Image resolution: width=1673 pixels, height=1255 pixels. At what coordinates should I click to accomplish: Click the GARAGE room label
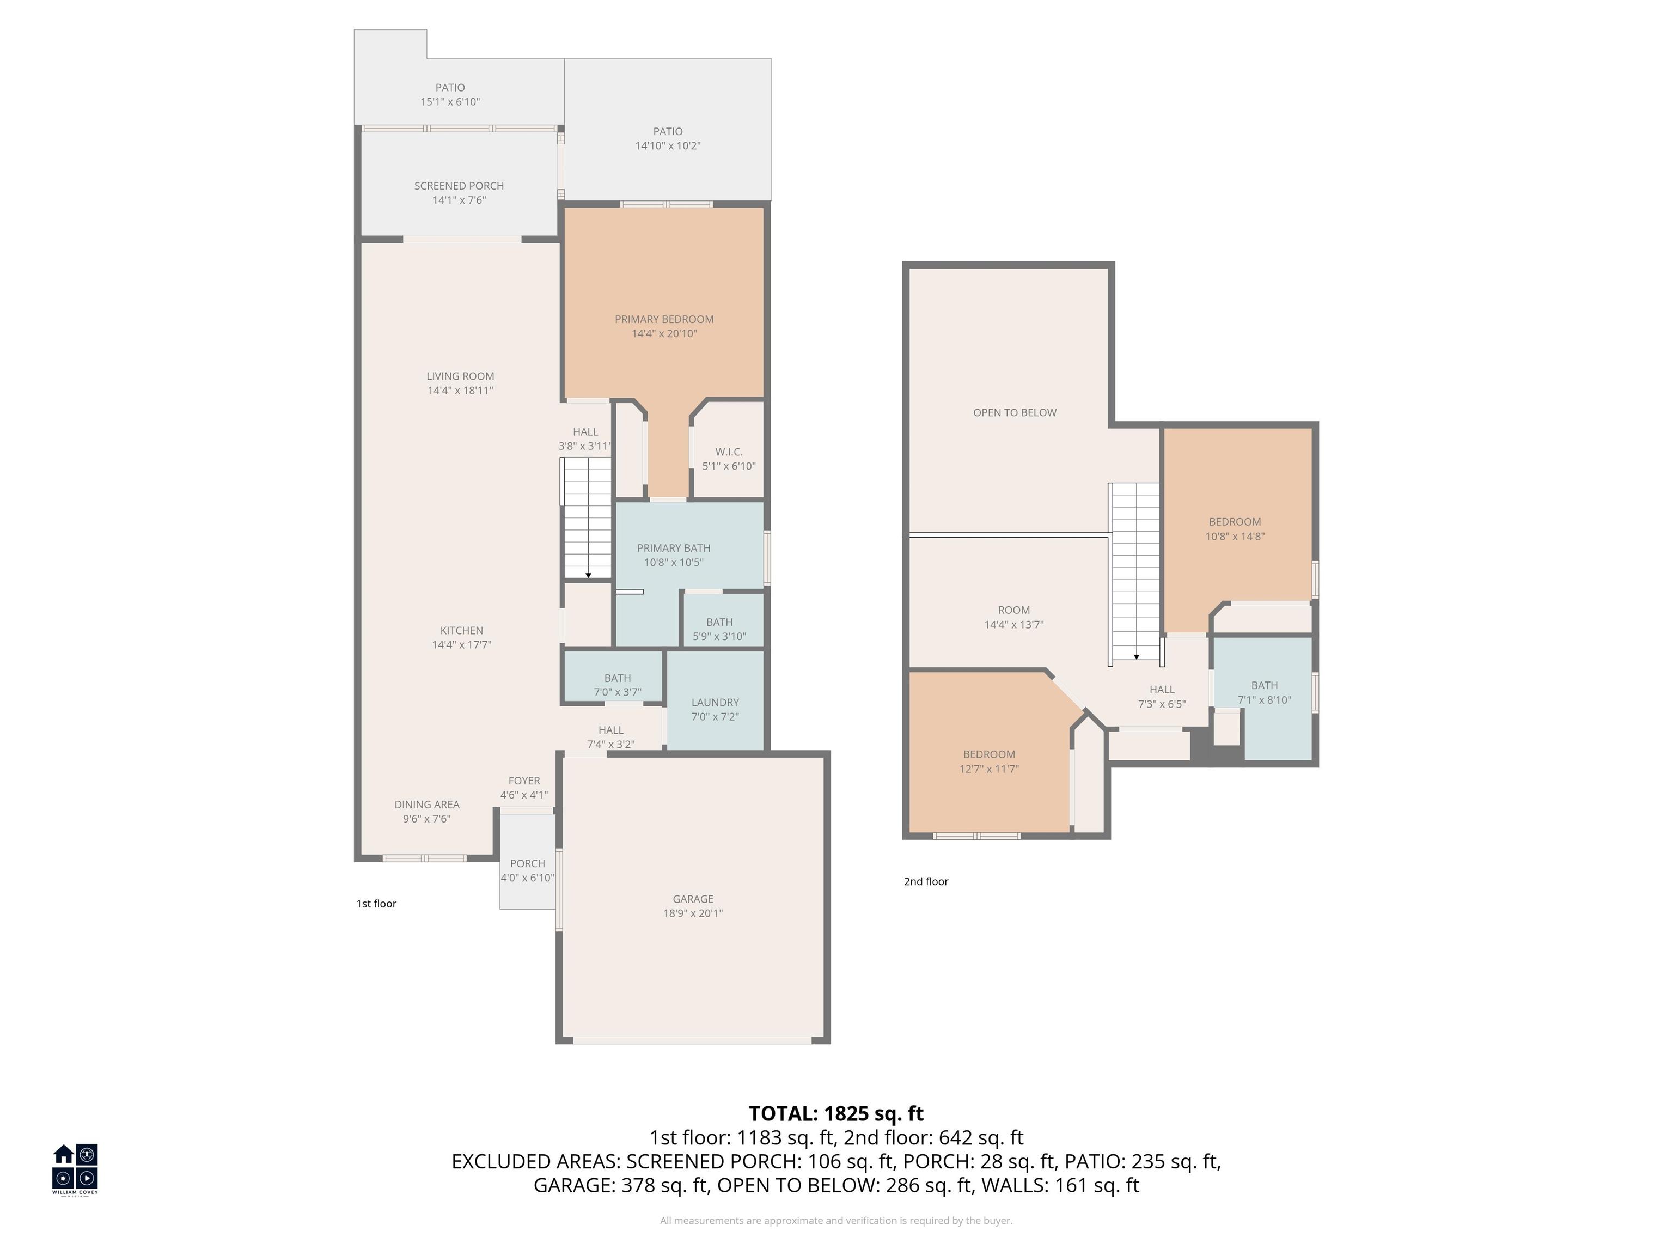click(x=692, y=899)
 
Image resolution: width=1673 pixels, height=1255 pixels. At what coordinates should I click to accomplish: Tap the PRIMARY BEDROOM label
click(x=663, y=319)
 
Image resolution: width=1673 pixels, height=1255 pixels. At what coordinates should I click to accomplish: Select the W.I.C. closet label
click(x=728, y=452)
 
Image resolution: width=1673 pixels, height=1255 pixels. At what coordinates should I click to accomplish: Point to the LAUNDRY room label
click(x=715, y=702)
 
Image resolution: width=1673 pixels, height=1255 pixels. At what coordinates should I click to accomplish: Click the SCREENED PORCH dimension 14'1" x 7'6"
click(x=459, y=200)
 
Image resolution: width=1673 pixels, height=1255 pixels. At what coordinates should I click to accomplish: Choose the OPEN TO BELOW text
click(x=1014, y=412)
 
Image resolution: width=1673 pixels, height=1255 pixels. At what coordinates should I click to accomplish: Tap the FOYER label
click(x=523, y=781)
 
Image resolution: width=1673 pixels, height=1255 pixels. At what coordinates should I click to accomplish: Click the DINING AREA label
click(x=426, y=804)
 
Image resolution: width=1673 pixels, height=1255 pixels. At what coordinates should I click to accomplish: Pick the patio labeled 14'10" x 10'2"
click(x=667, y=138)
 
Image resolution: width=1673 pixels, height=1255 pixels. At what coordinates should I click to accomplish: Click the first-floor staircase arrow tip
click(x=588, y=576)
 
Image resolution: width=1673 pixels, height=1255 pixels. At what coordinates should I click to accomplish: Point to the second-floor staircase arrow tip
click(x=1136, y=657)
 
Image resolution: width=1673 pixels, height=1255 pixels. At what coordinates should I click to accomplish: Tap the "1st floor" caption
click(x=376, y=903)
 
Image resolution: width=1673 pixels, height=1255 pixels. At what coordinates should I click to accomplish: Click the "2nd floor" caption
click(x=926, y=881)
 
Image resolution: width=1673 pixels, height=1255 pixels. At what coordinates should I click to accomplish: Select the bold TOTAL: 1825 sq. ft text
click(x=836, y=1113)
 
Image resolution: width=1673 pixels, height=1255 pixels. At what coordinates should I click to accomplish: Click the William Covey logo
click(x=75, y=1169)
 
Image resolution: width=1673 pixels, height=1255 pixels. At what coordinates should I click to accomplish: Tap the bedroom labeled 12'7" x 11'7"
click(x=988, y=761)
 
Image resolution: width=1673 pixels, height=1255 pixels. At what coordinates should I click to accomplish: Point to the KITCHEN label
click(x=461, y=630)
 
